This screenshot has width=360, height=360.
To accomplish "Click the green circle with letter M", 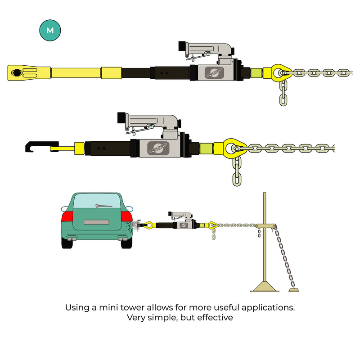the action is pos(50,30).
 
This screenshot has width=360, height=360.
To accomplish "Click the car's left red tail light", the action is pos(67,216).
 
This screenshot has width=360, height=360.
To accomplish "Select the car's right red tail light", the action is pos(126,216).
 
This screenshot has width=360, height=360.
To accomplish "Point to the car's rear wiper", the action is pos(104,206).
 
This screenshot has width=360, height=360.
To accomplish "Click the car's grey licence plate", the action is pos(96,222).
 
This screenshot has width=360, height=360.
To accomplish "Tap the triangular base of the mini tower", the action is pos(265,287).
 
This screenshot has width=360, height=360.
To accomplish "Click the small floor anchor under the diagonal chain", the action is pos(294,290).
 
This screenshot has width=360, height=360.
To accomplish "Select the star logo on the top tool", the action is pos(214,72).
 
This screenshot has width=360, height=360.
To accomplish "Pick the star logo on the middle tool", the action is pos(158,148).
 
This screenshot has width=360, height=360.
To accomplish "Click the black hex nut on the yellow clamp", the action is pos(16,73).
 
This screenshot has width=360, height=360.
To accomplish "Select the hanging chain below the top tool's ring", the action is pos(283,93).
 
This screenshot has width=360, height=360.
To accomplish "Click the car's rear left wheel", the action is pos(67,243).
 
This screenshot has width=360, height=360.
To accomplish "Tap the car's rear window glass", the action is pos(96,201).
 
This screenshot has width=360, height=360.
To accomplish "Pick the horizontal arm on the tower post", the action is pos(265,226).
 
